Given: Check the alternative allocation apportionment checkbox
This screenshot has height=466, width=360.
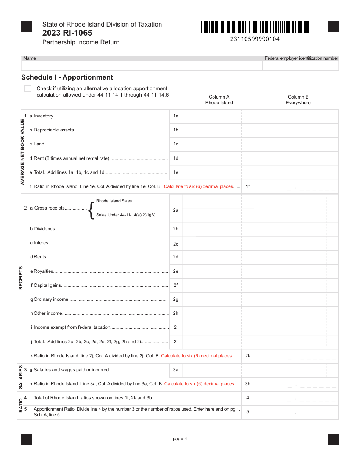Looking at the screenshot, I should [28, 89].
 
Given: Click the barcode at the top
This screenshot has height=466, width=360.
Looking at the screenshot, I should [255, 27].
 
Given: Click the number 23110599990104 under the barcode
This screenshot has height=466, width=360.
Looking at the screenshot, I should [255, 39].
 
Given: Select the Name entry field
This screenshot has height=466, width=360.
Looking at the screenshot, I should [142, 66].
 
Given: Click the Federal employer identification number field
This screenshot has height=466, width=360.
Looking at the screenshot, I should [301, 66].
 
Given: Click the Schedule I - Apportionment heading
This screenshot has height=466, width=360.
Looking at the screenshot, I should [67, 77].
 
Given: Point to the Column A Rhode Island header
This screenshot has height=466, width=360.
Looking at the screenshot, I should [219, 100].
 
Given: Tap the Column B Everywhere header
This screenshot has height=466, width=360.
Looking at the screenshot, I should [298, 100].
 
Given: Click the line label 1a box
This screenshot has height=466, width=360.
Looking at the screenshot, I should [175, 116].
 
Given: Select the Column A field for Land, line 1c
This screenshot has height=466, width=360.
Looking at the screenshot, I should [211, 144].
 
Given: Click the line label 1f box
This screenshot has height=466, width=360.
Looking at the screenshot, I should [247, 186].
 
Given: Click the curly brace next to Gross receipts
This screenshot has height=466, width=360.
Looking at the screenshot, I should [91, 210].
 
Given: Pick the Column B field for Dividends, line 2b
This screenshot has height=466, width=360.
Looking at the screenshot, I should [290, 229].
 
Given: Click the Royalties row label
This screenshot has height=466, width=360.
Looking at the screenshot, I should [43, 271].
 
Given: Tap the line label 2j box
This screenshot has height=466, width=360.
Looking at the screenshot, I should [175, 342].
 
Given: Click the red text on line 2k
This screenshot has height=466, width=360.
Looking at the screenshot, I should [196, 356].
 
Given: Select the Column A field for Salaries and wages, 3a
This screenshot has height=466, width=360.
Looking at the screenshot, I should [211, 370].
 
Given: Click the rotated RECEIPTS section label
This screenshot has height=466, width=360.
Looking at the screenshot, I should [21, 278].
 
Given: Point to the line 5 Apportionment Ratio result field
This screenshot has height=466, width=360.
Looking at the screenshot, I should [296, 412].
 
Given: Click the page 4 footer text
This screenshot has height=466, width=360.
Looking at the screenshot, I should [180, 439].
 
